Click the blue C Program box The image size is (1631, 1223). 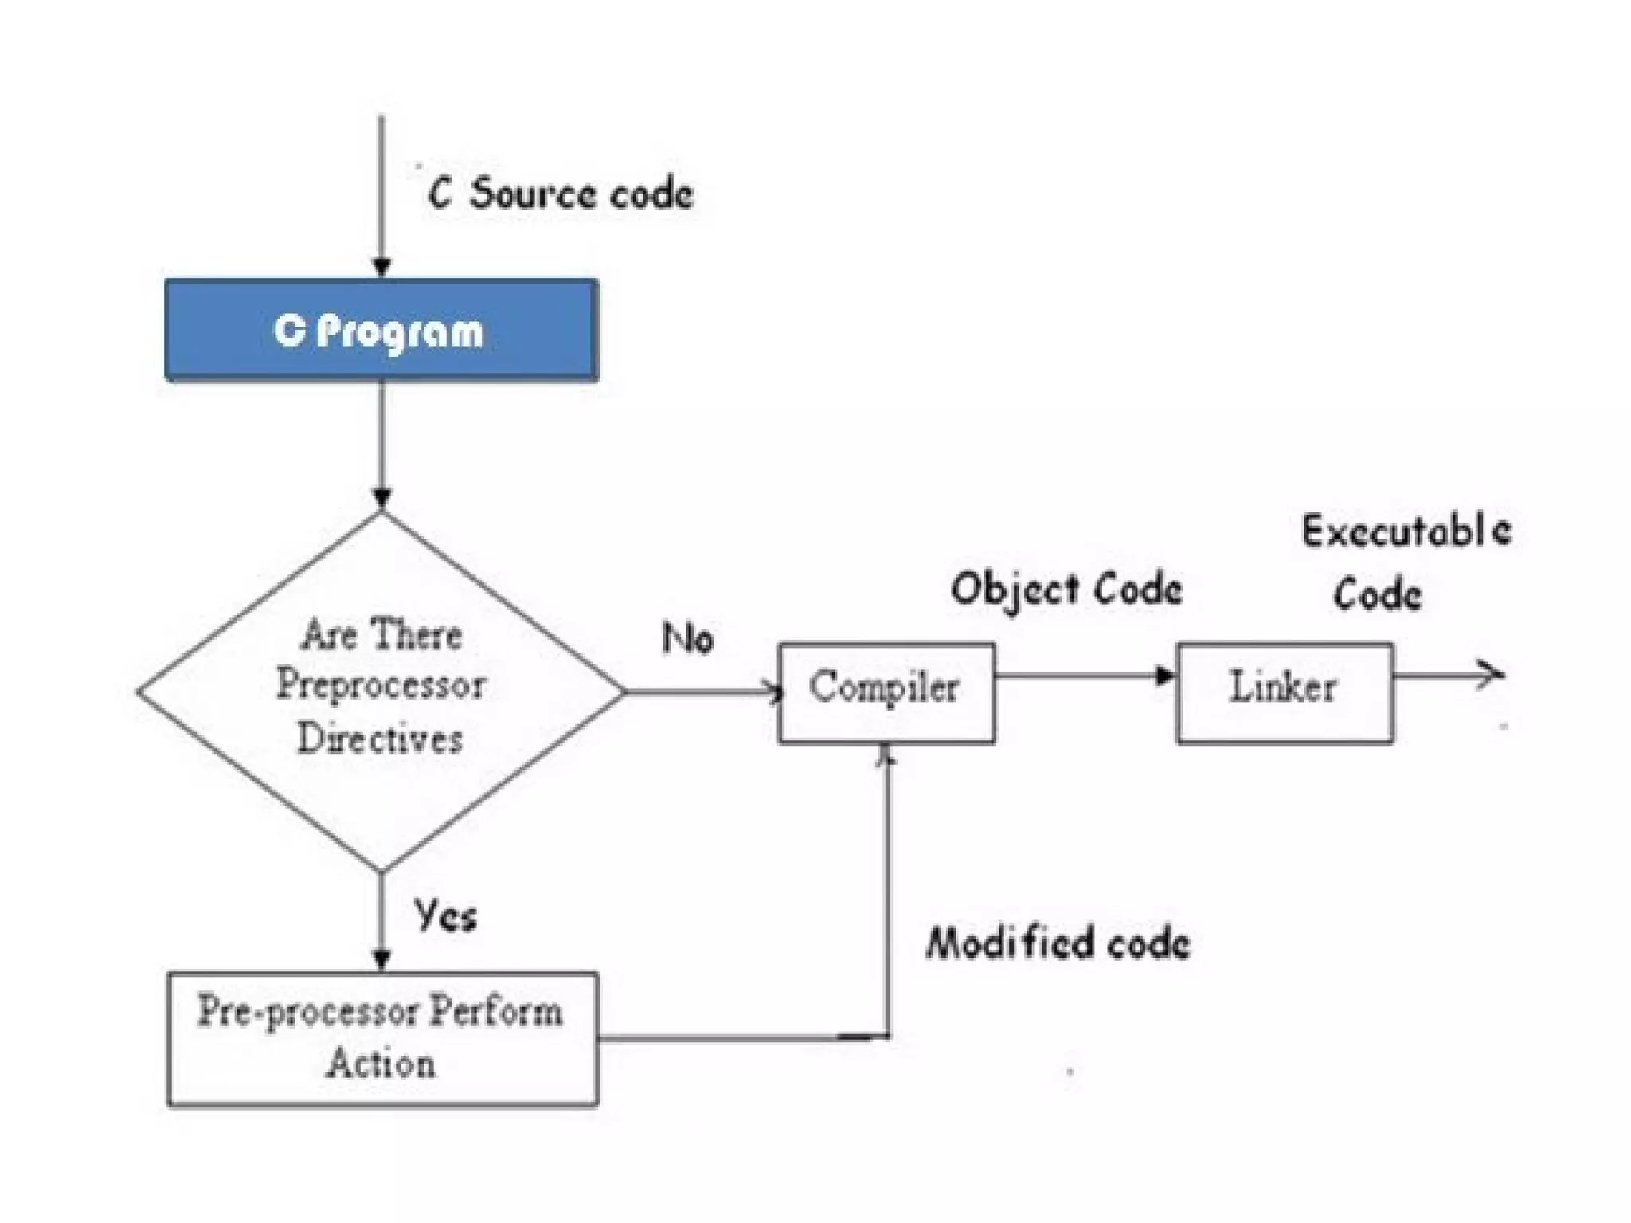point(381,330)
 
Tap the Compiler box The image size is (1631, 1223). point(886,692)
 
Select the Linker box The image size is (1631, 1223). point(1285,692)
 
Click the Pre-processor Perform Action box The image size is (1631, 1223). point(382,1038)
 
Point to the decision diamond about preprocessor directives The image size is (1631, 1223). point(381,691)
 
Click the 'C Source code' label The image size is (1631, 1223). point(560,194)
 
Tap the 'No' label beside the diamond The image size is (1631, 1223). point(687,638)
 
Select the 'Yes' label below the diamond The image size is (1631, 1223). point(445,915)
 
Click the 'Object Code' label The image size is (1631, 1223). point(1066,590)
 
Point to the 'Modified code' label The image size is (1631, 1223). point(1058,943)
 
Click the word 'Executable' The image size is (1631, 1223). point(1406,531)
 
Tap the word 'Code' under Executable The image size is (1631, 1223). point(1377,594)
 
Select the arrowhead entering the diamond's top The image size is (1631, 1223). point(381,499)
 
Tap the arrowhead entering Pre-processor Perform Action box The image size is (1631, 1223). point(381,959)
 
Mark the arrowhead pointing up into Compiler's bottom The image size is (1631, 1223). point(886,755)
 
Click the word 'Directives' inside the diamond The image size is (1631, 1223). point(380,738)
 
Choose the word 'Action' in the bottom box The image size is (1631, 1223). point(381,1064)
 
